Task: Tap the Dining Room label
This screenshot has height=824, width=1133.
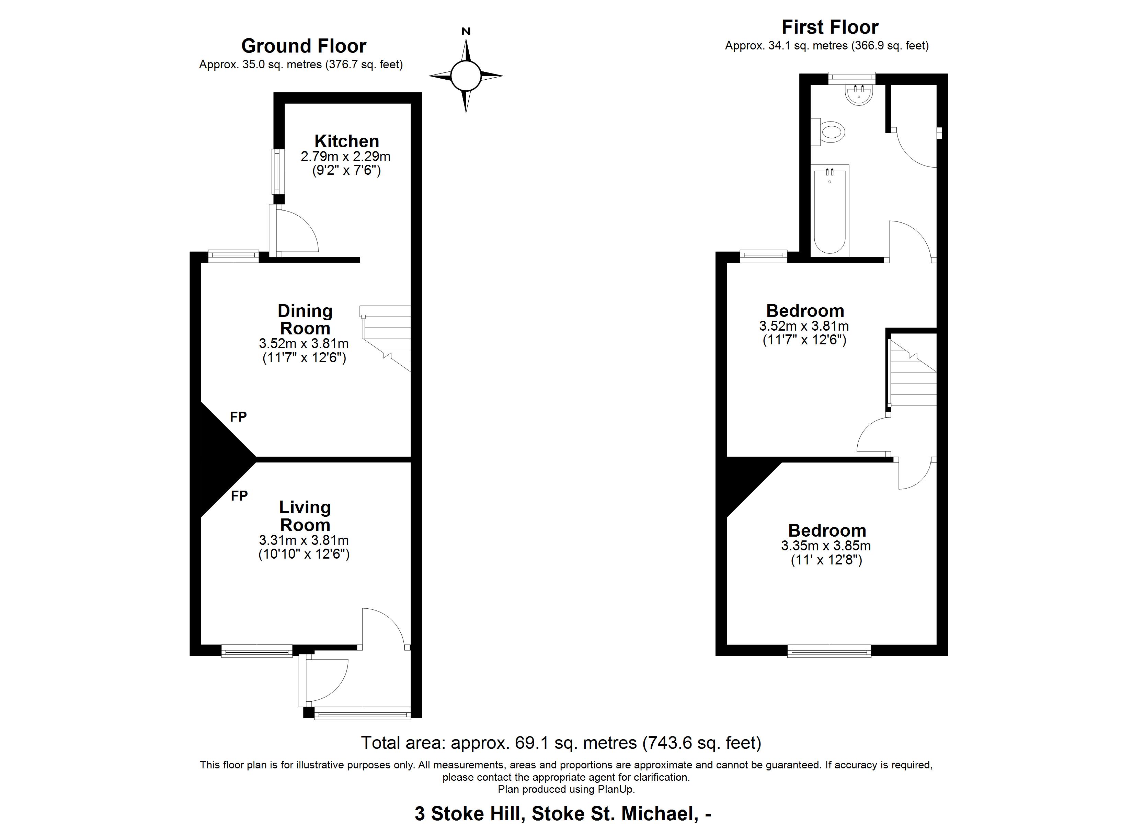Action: pos(305,320)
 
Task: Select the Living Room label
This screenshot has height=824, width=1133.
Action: pos(305,516)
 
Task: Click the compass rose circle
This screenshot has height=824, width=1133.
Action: pos(466,76)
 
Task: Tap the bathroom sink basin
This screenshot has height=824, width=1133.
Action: pos(859,95)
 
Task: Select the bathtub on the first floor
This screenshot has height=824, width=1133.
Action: pos(830,211)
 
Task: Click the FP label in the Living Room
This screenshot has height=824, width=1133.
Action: pos(239,496)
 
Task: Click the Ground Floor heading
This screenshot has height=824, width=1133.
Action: pos(304,46)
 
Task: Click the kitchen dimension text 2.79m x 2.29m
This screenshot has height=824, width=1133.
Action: pos(346,157)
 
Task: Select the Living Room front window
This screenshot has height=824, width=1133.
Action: pos(257,651)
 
